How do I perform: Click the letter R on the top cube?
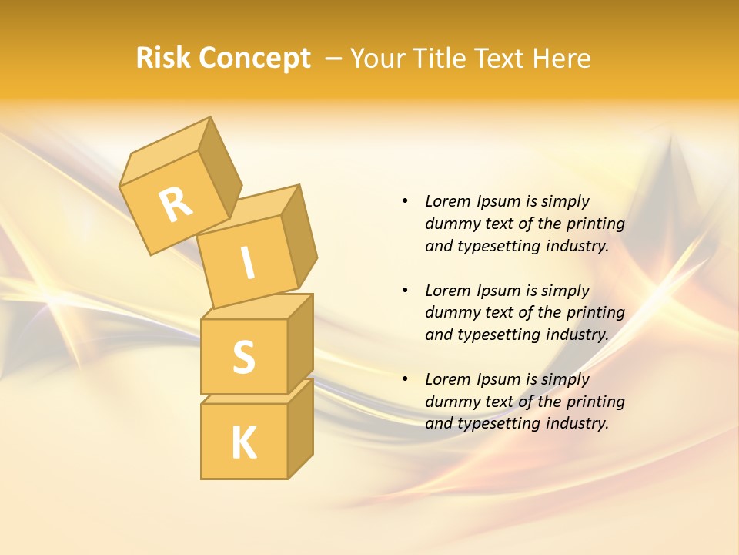[x=176, y=204]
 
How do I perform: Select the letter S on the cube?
[x=243, y=357]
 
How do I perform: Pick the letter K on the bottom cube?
[x=243, y=443]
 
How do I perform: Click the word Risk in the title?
[x=163, y=58]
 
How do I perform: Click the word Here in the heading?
[x=560, y=58]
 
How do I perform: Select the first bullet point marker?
[x=405, y=201]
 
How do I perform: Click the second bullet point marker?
[x=405, y=291]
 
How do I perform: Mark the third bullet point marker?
[x=405, y=379]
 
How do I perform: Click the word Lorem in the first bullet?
[x=447, y=201]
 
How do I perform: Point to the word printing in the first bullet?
[x=596, y=224]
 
